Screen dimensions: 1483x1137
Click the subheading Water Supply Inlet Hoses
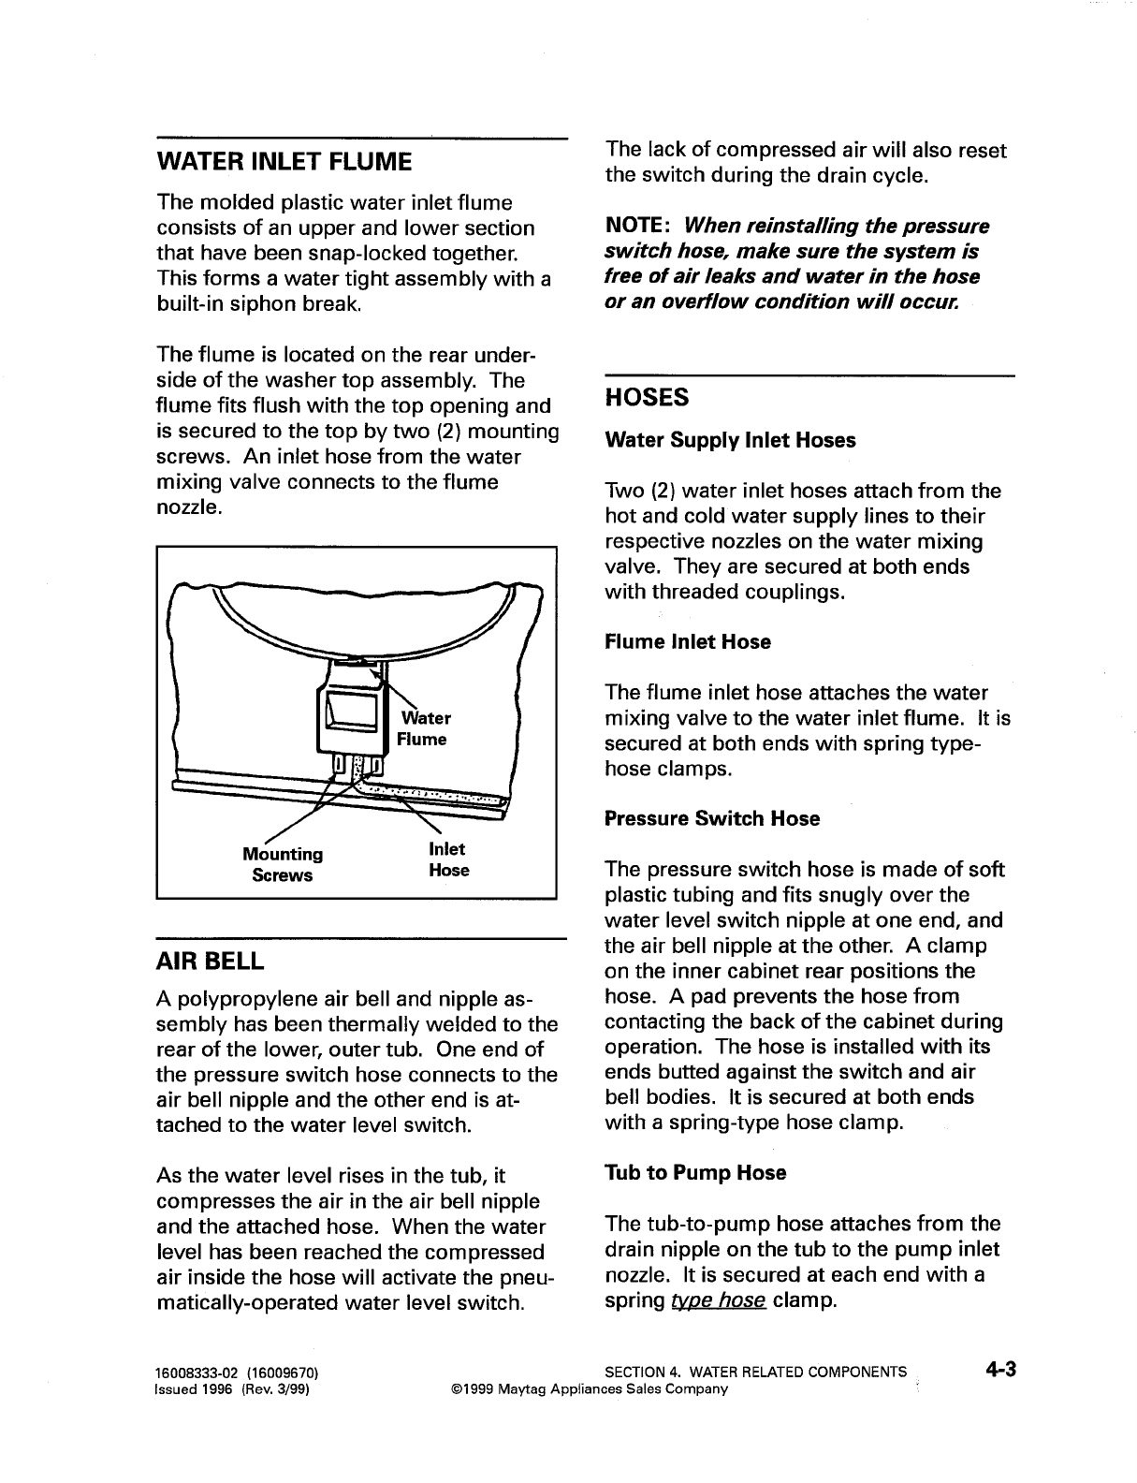(x=730, y=440)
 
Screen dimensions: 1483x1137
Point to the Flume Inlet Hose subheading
(x=688, y=642)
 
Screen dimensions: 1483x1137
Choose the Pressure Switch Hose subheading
(x=712, y=819)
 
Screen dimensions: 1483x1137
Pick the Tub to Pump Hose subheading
(x=695, y=1173)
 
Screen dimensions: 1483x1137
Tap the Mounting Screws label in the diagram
(x=283, y=864)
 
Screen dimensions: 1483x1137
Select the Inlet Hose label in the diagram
(x=448, y=859)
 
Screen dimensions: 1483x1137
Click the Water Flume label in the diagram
(x=424, y=728)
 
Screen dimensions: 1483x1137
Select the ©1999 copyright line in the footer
(x=589, y=1388)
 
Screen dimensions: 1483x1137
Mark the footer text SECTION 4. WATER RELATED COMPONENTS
(x=756, y=1373)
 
